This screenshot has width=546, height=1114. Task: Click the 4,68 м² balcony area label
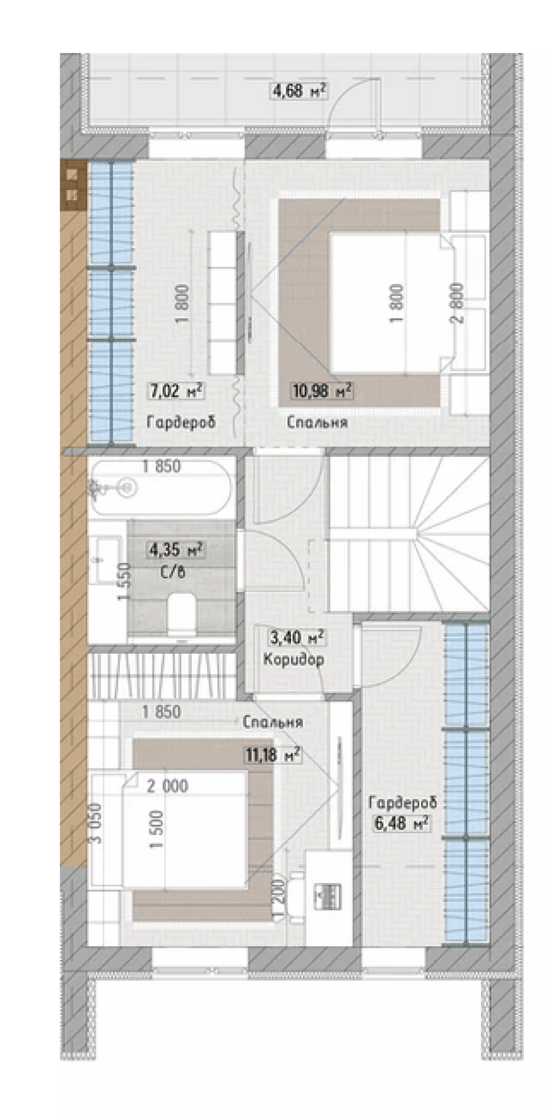(x=299, y=90)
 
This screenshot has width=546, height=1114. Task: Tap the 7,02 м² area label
(x=176, y=391)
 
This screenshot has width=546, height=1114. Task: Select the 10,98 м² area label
(x=322, y=390)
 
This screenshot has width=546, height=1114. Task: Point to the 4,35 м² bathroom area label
(x=176, y=549)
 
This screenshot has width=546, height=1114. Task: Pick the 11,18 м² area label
(x=272, y=755)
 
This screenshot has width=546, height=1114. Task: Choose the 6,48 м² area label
(x=400, y=823)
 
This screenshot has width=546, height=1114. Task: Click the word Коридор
(x=294, y=659)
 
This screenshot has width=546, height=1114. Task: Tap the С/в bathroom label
(x=173, y=572)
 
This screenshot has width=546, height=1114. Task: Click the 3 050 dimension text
(x=96, y=823)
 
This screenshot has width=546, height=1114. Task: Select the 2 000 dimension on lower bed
(x=167, y=786)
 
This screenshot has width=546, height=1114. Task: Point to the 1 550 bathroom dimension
(x=124, y=582)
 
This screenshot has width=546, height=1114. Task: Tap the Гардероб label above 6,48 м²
(x=402, y=803)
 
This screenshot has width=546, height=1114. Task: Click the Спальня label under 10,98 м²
(x=317, y=422)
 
